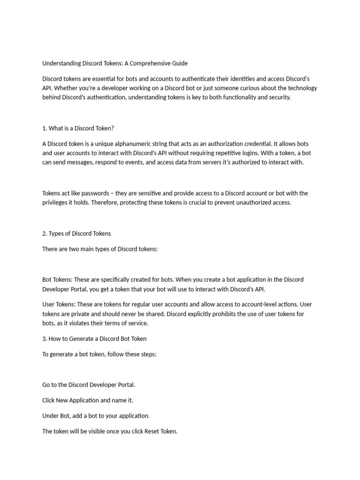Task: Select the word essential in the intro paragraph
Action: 107,79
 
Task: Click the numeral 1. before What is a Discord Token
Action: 45,127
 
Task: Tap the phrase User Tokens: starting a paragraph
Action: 58,305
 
